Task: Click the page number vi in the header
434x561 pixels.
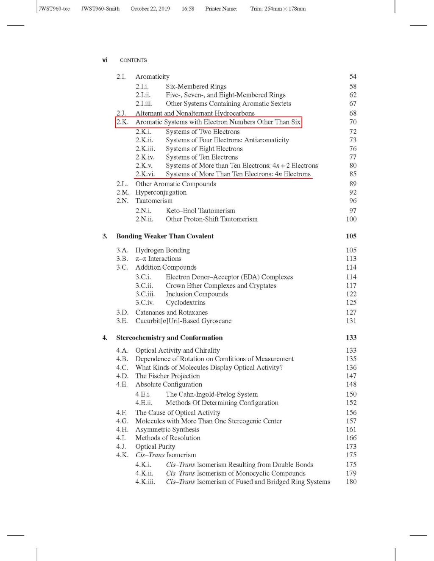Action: click(x=105, y=60)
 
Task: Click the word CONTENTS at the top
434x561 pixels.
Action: click(x=134, y=60)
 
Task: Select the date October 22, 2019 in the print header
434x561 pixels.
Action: click(x=150, y=8)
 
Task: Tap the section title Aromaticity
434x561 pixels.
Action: click(x=152, y=77)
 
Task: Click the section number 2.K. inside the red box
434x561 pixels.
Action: click(x=122, y=122)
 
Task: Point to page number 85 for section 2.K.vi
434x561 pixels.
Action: click(x=353, y=174)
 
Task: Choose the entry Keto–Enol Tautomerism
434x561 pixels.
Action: click(x=200, y=210)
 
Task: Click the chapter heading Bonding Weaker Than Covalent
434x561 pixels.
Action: click(x=165, y=236)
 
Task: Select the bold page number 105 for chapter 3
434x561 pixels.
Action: click(x=351, y=236)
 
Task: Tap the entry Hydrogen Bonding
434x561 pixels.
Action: click(x=162, y=250)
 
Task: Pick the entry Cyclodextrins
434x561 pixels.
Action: click(x=185, y=303)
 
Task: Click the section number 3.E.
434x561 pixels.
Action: click(x=122, y=321)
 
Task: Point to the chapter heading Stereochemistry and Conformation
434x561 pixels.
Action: click(x=169, y=338)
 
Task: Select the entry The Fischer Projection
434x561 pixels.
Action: click(x=167, y=376)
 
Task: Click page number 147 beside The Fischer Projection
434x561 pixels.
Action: click(x=351, y=376)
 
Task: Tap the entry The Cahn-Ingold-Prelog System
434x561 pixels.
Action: click(x=211, y=394)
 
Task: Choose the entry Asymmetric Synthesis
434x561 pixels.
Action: click(x=167, y=429)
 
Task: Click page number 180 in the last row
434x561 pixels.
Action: click(x=351, y=482)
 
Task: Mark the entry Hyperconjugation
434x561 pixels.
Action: click(x=161, y=192)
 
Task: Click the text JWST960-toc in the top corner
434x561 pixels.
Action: click(x=54, y=8)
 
